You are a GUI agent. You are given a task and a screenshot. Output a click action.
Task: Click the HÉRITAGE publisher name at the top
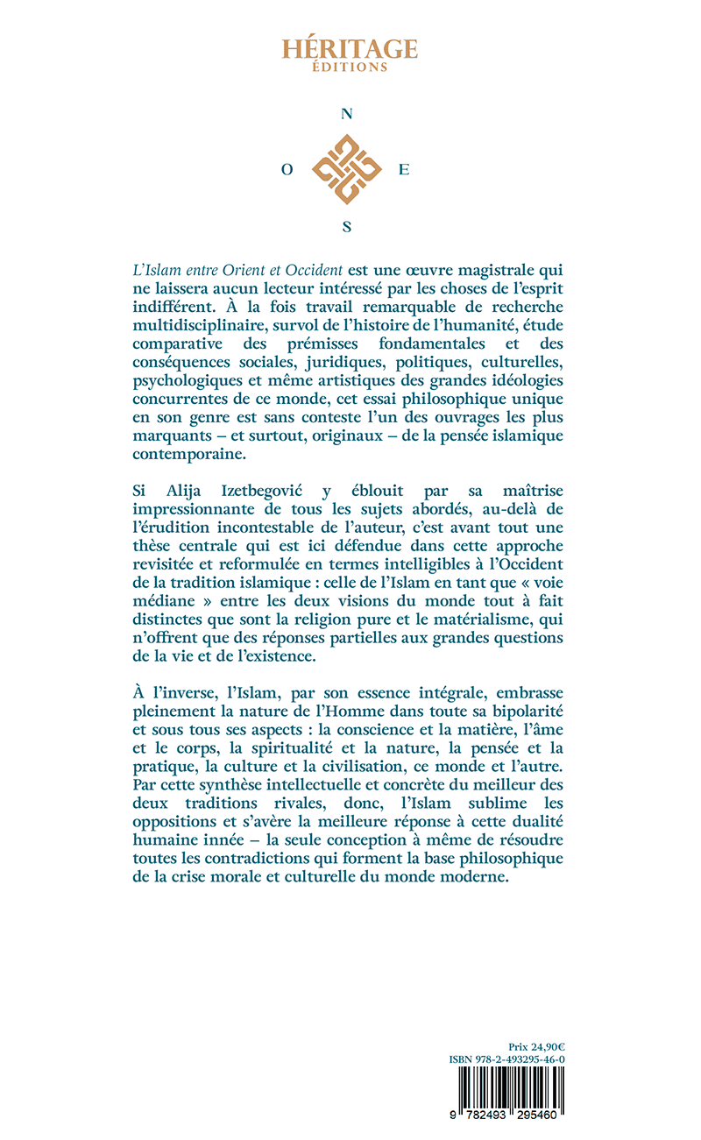(350, 47)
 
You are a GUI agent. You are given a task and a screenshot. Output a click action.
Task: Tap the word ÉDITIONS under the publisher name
(350, 66)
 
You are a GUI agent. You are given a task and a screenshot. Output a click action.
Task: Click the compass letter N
(347, 114)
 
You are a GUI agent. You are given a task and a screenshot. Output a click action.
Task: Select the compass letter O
(287, 172)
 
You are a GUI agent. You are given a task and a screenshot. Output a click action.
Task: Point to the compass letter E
(404, 172)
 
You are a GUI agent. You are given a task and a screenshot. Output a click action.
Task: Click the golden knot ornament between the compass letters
(347, 170)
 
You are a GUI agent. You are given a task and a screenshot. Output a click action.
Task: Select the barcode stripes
(506, 1091)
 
